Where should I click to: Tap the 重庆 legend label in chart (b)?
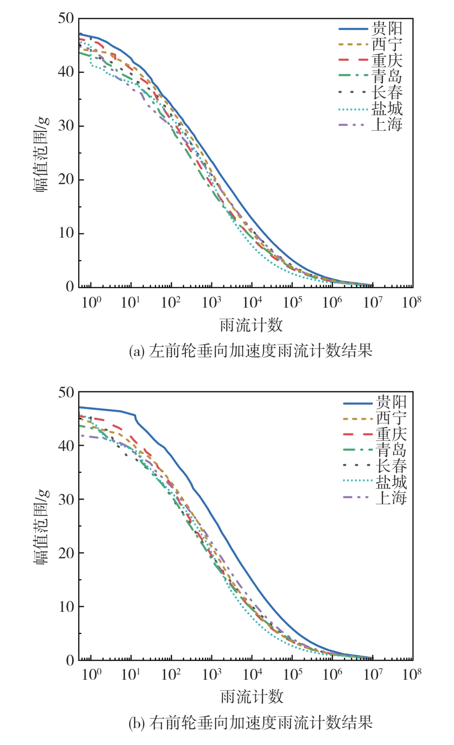(x=391, y=434)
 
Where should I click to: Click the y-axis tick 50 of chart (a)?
(x=66, y=19)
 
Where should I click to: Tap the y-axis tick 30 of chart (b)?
(x=66, y=499)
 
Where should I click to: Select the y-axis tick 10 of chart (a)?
(x=66, y=234)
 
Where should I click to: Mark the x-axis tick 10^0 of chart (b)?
(x=91, y=675)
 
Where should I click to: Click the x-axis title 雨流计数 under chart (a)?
(x=251, y=325)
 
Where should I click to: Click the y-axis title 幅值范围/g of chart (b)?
(x=41, y=526)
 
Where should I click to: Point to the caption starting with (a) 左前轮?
(x=251, y=351)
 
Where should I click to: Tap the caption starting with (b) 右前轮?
(x=251, y=722)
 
